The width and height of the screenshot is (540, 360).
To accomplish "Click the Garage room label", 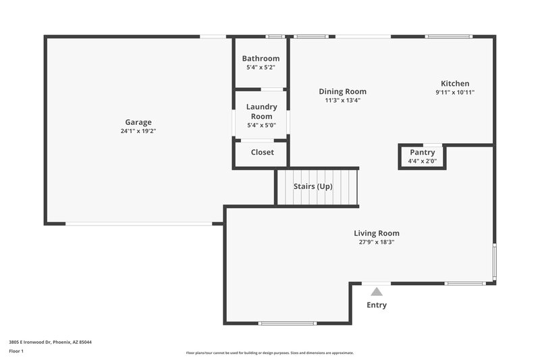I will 138,122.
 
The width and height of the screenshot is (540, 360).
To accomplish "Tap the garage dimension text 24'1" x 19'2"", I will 138,131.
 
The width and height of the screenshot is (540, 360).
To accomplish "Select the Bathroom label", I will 261,59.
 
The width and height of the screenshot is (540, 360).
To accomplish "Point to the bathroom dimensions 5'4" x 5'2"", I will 261,68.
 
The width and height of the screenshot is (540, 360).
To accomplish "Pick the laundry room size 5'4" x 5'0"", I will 261,125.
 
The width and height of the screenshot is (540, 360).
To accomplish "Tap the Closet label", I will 262,152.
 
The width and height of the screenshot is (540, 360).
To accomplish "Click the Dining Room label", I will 342,92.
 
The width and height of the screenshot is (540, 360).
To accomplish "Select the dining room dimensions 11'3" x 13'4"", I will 342,101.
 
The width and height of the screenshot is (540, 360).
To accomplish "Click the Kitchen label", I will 455,84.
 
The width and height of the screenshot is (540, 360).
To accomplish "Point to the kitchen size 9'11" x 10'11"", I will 455,93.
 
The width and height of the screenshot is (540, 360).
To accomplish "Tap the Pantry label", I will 423,153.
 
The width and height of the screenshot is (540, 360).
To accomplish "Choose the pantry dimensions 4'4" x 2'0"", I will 423,161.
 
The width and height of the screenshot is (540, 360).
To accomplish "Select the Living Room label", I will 377,233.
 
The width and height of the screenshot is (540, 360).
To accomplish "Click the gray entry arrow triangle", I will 377,292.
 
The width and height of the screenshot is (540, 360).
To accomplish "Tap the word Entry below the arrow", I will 377,305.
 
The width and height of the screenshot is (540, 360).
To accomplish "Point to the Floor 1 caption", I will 16,352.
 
